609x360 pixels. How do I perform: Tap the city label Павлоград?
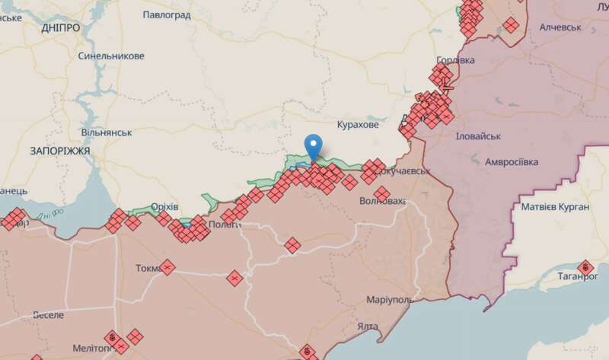coord(167,14)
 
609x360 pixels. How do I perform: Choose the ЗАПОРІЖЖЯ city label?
coord(60,151)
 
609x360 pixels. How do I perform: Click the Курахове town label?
coord(357,124)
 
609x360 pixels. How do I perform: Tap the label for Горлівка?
coord(455,60)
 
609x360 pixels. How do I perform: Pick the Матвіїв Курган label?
coord(555,207)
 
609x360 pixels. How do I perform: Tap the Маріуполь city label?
coord(389,299)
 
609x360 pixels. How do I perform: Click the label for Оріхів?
coord(164,207)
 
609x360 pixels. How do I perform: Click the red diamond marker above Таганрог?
coord(585,267)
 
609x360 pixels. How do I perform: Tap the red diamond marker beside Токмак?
coord(167,267)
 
